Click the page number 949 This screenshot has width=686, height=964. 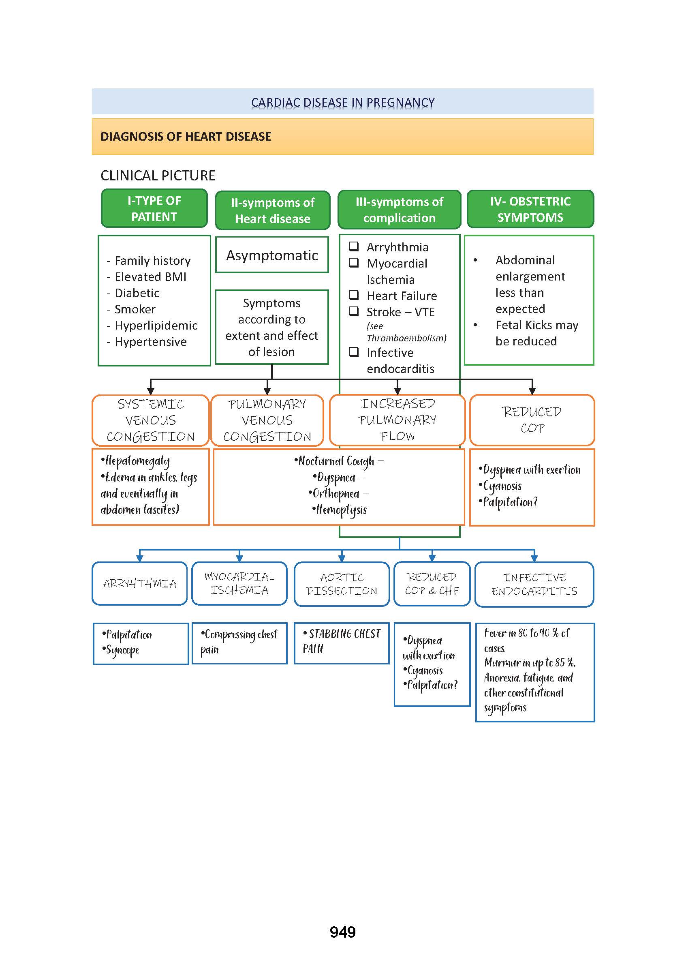click(x=342, y=932)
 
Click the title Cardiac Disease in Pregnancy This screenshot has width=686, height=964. click(x=342, y=102)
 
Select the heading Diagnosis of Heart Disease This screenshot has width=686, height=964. click(x=186, y=137)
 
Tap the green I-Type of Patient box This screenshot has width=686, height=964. click(x=154, y=208)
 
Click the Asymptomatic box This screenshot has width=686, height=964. click(x=272, y=255)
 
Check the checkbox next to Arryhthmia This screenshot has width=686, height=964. click(x=354, y=246)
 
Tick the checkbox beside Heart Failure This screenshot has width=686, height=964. click(x=354, y=295)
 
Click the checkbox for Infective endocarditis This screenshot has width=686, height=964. click(x=354, y=351)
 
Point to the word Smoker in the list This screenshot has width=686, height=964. click(x=135, y=309)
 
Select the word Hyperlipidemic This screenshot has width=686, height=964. click(x=156, y=326)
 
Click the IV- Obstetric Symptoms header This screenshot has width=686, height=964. click(x=530, y=209)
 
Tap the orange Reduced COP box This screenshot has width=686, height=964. click(x=532, y=420)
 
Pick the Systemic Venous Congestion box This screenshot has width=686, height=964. click(x=150, y=420)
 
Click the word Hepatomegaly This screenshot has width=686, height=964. click(x=137, y=461)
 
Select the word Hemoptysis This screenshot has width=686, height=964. click(x=341, y=510)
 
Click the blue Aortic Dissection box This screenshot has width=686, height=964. click(x=341, y=584)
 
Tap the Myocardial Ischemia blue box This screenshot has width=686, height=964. click(x=239, y=583)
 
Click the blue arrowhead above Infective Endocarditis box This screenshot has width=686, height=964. click(x=534, y=558)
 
